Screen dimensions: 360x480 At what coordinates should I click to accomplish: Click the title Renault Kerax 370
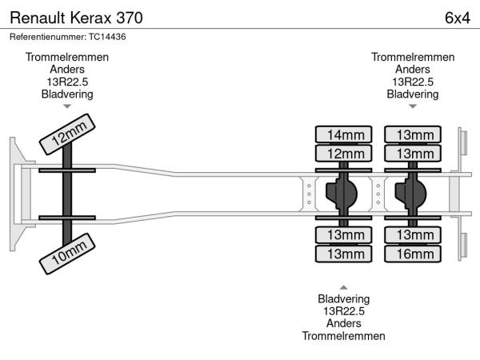point(77,17)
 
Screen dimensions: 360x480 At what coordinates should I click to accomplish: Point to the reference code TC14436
point(107,36)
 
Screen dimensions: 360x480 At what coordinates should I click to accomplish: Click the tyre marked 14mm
point(345,134)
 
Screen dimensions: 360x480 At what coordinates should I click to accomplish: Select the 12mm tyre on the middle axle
point(345,153)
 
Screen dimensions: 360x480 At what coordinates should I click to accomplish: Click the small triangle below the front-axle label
point(67,106)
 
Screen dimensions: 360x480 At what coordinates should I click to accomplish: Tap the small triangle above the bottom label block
point(343,286)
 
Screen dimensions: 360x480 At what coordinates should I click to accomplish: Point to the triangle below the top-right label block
point(413,106)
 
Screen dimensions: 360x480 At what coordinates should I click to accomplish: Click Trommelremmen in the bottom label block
point(343,336)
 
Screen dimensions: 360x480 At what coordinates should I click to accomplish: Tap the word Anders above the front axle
point(67,70)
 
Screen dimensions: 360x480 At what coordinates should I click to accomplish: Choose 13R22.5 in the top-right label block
point(413,82)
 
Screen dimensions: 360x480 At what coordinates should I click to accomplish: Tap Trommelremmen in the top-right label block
point(413,58)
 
